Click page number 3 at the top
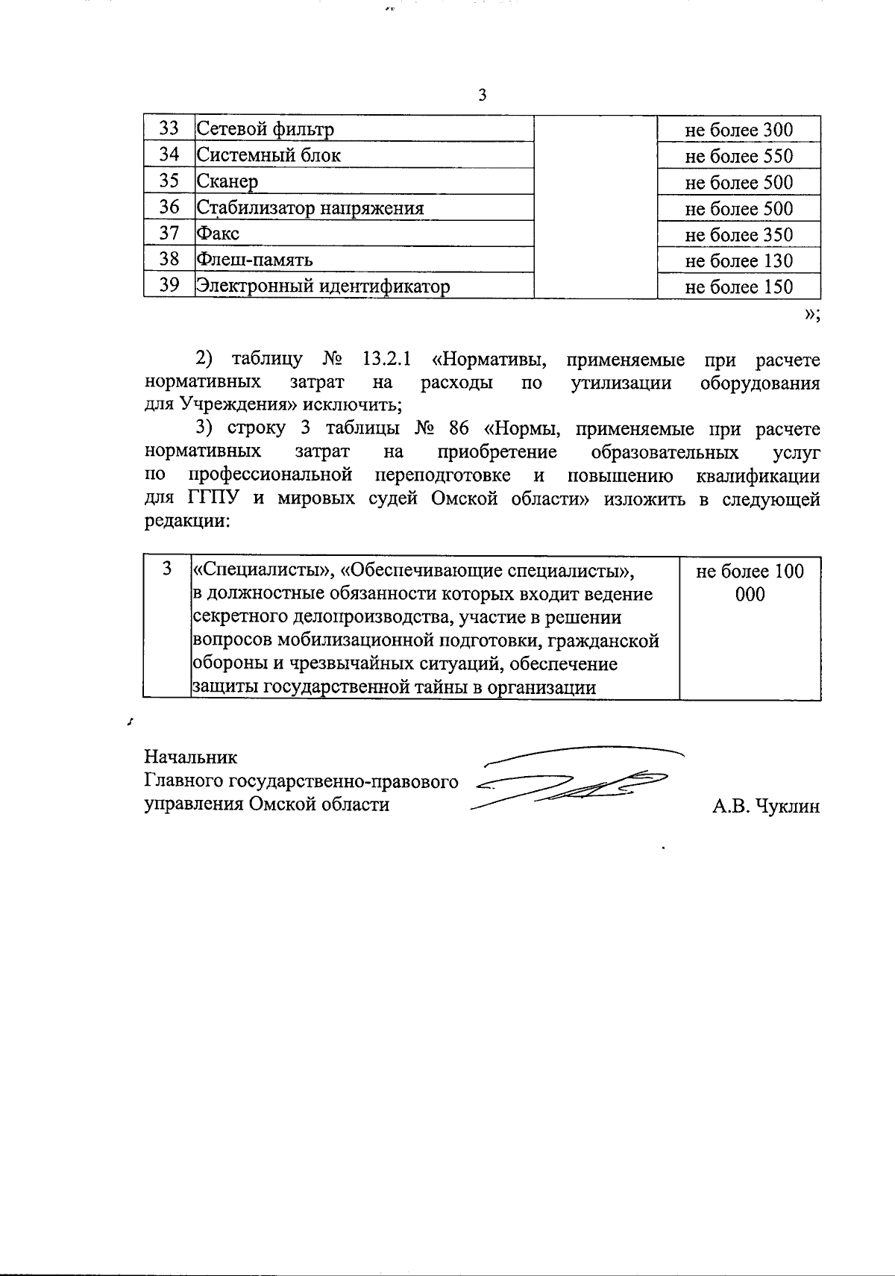coord(483,96)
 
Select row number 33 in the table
coord(169,128)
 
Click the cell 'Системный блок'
coord(268,155)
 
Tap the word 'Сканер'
coord(227,181)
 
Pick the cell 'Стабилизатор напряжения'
coord(310,207)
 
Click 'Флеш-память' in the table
coord(254,260)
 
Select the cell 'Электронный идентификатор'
coord(323,286)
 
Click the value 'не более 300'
coord(738,130)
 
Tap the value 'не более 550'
coord(738,156)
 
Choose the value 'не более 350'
coord(738,234)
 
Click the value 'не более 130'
coord(738,260)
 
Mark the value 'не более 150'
coord(738,287)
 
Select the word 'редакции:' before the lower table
coord(186,522)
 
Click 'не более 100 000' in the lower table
coord(750,583)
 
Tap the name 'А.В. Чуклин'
coord(765,806)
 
